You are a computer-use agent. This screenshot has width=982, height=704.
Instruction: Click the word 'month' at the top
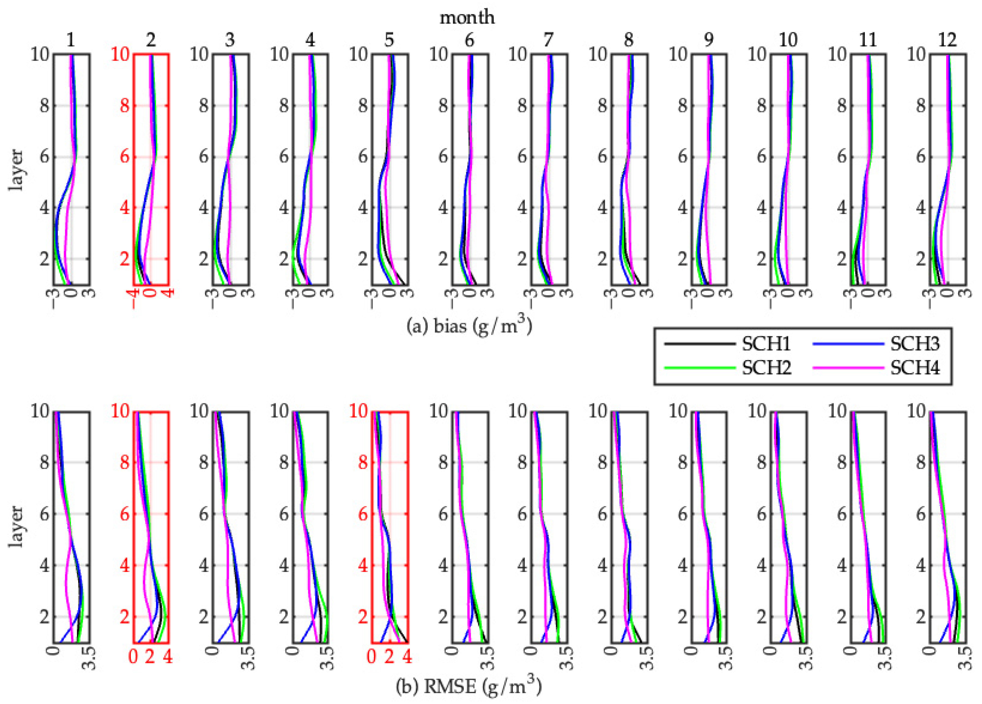click(x=467, y=17)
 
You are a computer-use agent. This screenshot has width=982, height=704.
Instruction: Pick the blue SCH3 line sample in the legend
click(x=848, y=344)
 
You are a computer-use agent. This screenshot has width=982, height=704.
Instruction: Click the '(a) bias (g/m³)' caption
click(x=469, y=326)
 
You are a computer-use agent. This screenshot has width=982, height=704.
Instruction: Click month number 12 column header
click(x=947, y=40)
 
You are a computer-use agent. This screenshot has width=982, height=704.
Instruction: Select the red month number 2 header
click(x=151, y=40)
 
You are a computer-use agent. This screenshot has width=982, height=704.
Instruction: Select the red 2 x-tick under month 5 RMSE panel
click(x=389, y=657)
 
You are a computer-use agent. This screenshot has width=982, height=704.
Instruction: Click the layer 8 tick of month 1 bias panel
click(x=45, y=105)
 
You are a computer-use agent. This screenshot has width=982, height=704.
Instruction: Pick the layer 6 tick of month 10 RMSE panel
click(x=762, y=514)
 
